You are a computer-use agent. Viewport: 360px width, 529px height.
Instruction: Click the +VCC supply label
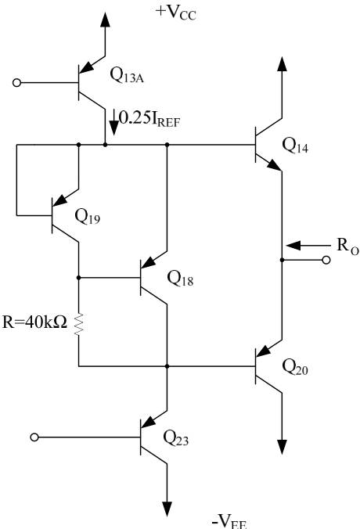[175, 13]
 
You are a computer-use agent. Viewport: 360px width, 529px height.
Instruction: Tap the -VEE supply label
[229, 521]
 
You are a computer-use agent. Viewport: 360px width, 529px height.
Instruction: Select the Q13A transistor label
[127, 75]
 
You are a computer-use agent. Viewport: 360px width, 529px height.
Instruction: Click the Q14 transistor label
[295, 146]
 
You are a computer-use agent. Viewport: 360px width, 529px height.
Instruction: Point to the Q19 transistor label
[88, 216]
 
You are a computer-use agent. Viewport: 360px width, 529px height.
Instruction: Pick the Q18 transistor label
[180, 279]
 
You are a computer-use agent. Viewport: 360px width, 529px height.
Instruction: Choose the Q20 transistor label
[295, 367]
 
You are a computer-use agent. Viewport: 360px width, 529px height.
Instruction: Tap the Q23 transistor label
[176, 437]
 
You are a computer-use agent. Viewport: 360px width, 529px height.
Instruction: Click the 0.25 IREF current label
[149, 119]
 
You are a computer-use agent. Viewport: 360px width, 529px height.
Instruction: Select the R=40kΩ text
[34, 322]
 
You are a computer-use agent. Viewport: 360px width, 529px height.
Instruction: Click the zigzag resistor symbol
[78, 324]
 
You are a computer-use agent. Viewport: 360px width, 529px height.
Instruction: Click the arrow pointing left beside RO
[308, 246]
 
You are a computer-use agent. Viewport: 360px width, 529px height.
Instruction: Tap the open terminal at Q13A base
[16, 83]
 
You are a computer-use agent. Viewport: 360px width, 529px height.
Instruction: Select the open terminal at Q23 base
[34, 437]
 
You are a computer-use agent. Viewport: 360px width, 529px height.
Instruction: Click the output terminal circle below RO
[326, 260]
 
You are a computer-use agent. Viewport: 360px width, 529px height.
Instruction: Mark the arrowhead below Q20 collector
[282, 447]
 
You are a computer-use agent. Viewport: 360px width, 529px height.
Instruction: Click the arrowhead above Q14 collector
[282, 64]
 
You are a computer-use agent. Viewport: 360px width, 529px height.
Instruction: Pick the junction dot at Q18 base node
[78, 278]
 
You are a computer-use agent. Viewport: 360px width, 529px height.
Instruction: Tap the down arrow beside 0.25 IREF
[114, 122]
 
